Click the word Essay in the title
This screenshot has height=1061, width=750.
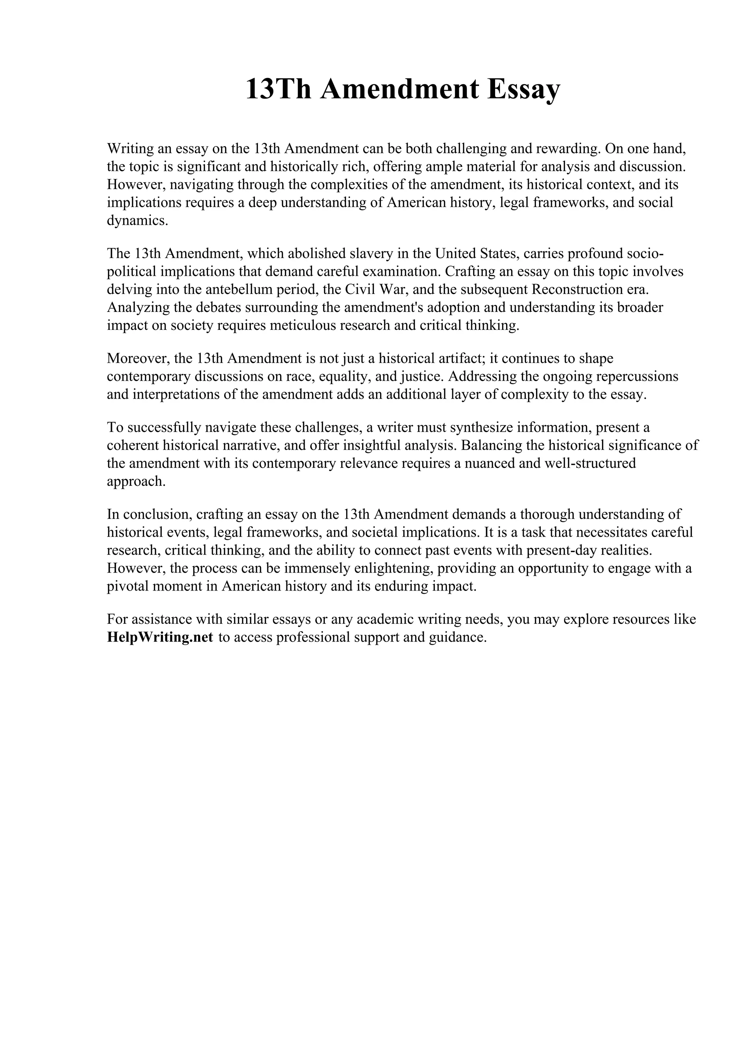coord(523,89)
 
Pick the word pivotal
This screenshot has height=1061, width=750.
coord(129,586)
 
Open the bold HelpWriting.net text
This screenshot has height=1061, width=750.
coord(160,637)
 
